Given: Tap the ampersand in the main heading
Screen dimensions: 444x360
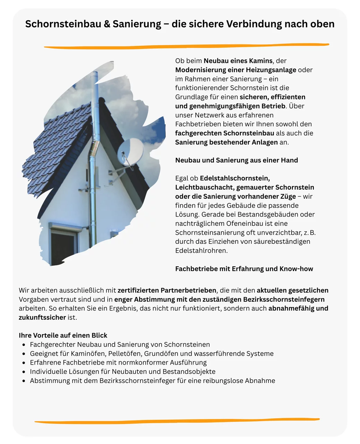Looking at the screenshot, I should point(107,24).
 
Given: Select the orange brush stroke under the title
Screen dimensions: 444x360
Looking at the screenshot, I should point(186,46).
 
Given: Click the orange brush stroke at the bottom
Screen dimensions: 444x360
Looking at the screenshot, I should point(177,421).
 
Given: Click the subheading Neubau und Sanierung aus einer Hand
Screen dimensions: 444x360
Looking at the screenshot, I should point(237,160).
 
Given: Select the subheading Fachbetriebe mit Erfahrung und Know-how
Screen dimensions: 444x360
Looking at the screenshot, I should point(244,269).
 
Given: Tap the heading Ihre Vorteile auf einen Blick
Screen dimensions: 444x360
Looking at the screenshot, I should point(63,335).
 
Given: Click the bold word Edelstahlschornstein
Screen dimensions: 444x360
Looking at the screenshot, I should point(235,178).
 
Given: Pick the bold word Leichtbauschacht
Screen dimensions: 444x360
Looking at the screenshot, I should point(204,187).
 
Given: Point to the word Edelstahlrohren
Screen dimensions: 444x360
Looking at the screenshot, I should point(201,250).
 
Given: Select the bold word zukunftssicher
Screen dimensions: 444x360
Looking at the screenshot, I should point(42,317).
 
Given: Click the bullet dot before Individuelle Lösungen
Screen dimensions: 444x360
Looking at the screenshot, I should point(24,372).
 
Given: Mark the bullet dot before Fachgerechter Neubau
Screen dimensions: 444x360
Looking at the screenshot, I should point(24,345).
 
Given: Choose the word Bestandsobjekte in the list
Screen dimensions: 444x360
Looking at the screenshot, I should point(189,372).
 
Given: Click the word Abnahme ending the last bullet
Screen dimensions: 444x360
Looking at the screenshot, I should point(260,381).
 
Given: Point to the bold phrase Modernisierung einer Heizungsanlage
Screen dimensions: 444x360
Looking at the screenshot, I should point(235,70).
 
